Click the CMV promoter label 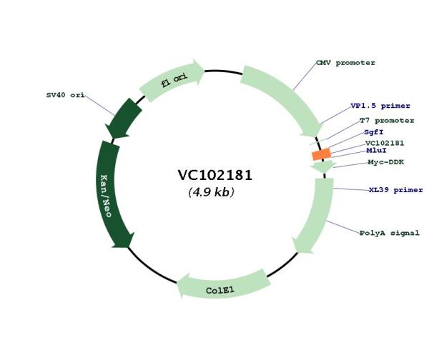(345, 63)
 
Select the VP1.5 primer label (380, 106)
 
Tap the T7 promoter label (387, 121)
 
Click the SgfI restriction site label (374, 132)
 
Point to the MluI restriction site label (377, 150)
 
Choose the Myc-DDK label (386, 162)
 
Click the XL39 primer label (396, 190)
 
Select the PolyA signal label (390, 233)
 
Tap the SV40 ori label (65, 95)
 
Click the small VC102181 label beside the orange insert (385, 143)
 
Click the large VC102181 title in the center (214, 175)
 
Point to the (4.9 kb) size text (211, 192)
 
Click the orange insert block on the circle (322, 154)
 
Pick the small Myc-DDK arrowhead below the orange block (323, 166)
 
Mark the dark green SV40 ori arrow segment (124, 119)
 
